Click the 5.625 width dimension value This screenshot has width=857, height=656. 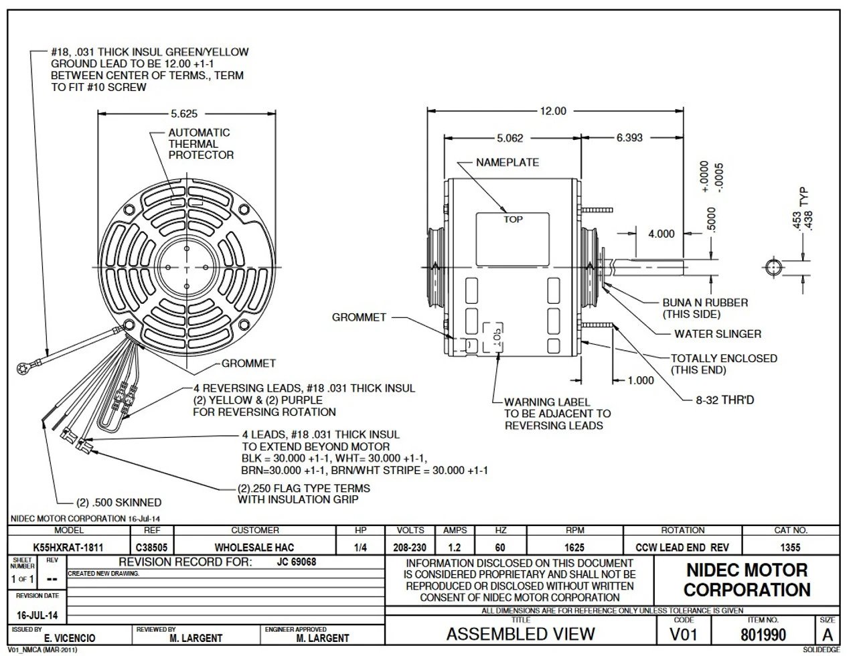click(x=183, y=114)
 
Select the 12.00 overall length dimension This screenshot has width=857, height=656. click(x=552, y=111)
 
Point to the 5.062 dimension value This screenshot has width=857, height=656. click(x=510, y=138)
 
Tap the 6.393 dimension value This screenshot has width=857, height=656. click(x=629, y=138)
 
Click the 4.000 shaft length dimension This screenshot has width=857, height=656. click(x=661, y=234)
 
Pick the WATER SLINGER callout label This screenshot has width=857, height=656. click(x=718, y=334)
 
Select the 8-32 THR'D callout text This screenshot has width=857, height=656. click(x=724, y=400)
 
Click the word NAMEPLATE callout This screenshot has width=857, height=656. click(x=508, y=163)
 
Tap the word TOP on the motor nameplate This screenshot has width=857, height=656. click(x=513, y=220)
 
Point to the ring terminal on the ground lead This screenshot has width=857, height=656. click(x=21, y=367)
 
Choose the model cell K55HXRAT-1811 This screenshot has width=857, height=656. click(x=68, y=548)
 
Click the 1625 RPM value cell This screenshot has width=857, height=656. click(x=574, y=548)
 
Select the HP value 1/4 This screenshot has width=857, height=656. click(x=360, y=548)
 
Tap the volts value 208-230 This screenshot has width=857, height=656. click(x=410, y=548)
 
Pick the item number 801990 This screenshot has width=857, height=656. click(x=763, y=634)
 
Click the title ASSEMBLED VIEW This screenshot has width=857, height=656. click(x=520, y=634)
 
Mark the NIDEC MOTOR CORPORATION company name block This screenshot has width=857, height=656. click(x=747, y=580)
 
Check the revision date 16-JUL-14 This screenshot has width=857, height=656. click(x=37, y=615)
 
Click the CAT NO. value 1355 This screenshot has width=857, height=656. click(x=790, y=548)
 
